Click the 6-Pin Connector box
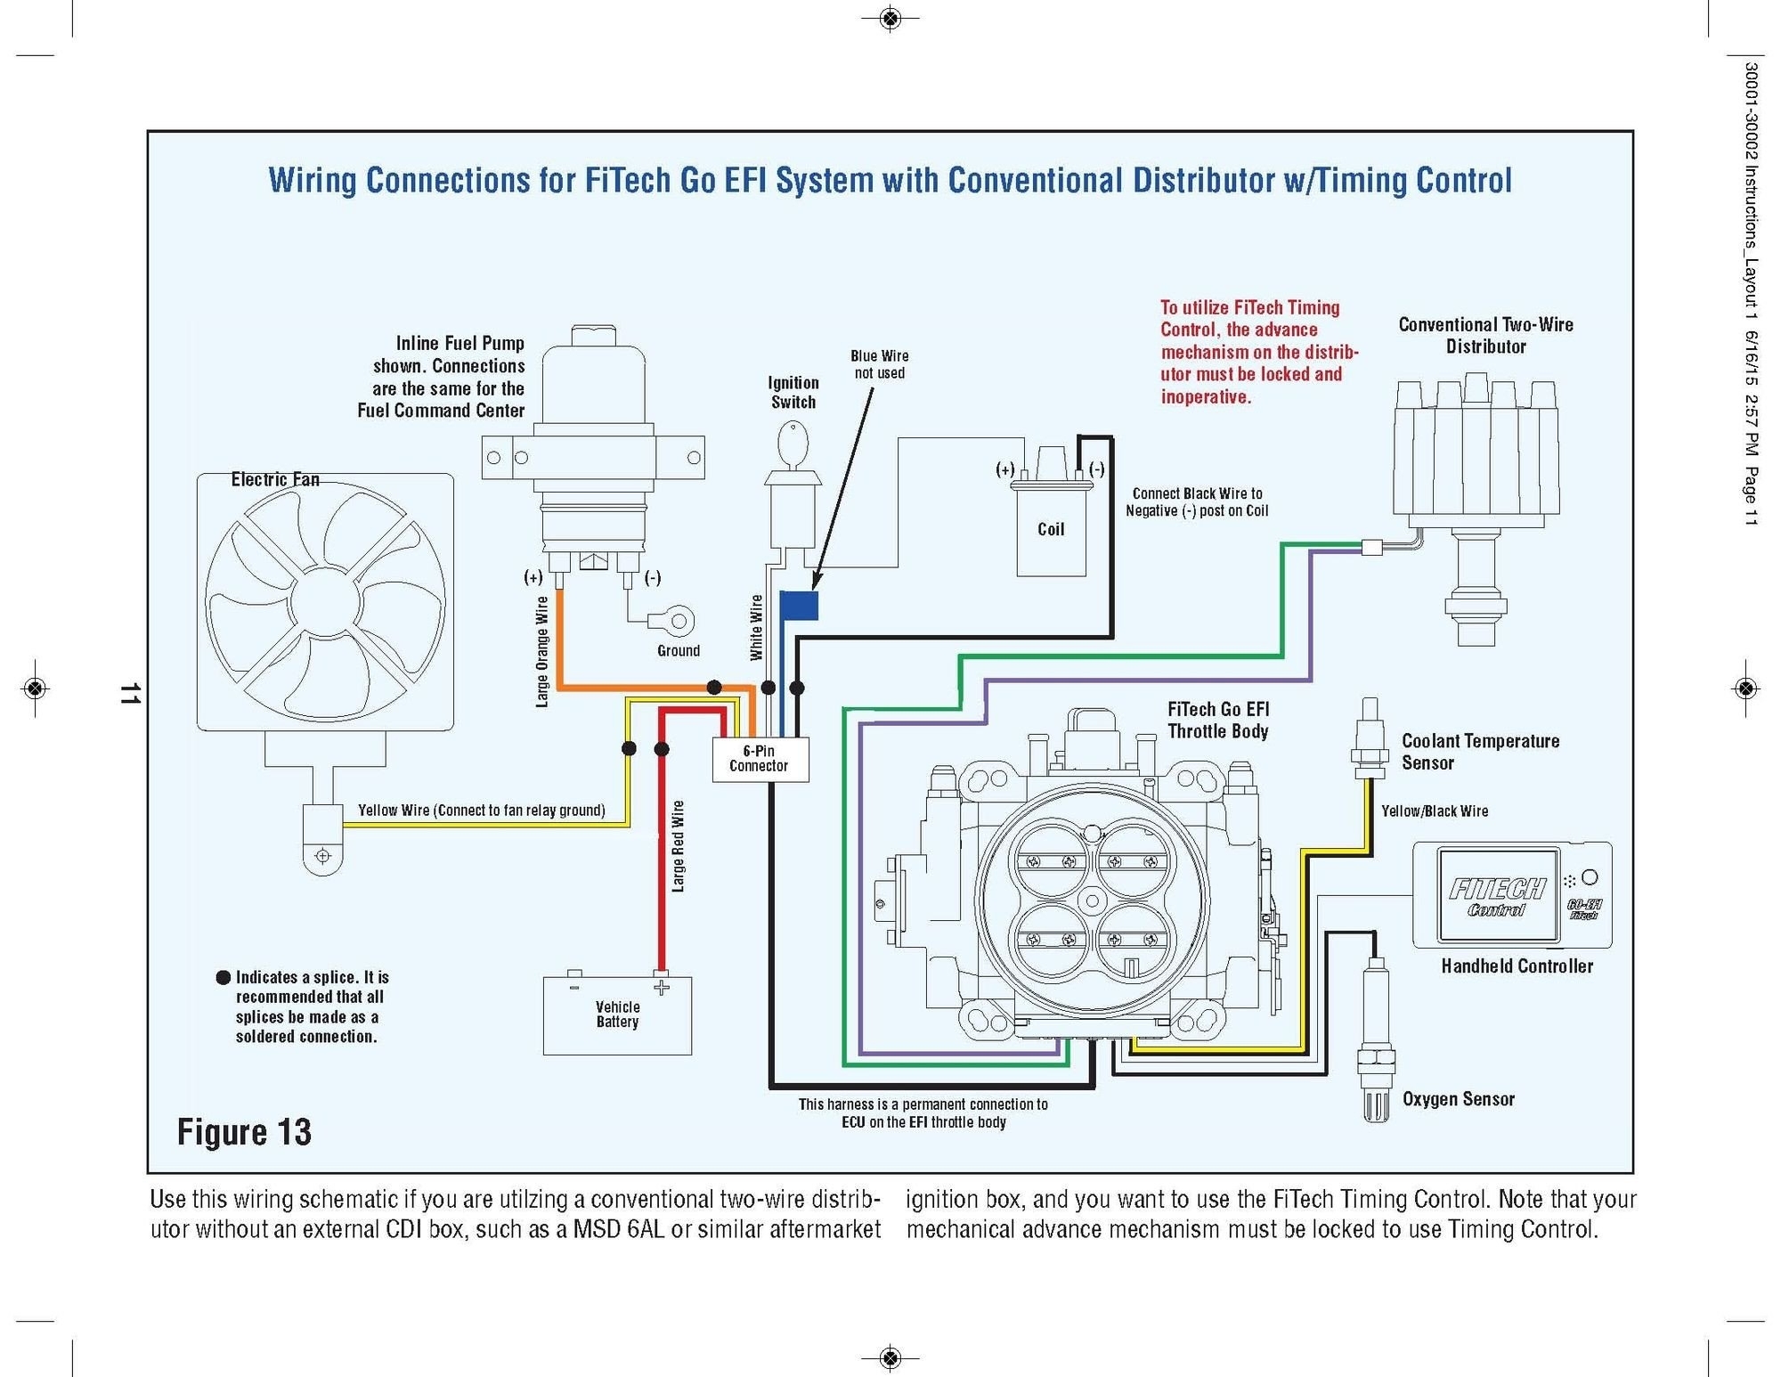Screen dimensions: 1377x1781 point(760,760)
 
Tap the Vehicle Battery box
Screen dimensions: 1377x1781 point(617,1016)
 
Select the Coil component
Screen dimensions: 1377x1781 point(1051,529)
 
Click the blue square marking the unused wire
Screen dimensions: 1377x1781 point(799,606)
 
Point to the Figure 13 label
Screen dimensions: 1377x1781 point(244,1132)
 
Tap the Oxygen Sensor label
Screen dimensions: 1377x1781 point(1458,1099)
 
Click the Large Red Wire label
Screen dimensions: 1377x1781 point(679,846)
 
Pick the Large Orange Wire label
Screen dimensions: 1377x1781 point(542,652)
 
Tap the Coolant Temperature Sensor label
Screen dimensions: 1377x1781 point(1479,752)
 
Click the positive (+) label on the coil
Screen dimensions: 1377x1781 point(1004,469)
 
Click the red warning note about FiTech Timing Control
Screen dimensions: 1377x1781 point(1257,353)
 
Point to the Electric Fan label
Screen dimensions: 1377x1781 point(275,479)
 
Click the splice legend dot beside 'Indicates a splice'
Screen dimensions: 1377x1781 point(224,977)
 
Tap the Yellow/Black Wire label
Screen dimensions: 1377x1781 point(1434,811)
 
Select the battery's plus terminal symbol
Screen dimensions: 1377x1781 point(661,988)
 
